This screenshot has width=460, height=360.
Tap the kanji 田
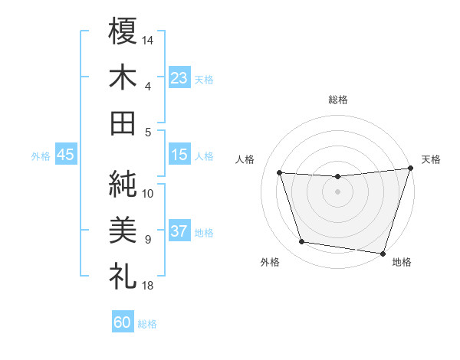point(123,123)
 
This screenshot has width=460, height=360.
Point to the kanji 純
point(123,183)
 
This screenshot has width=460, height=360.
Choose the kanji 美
point(123,229)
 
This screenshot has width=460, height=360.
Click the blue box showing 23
point(179,77)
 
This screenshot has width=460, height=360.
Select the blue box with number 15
point(179,155)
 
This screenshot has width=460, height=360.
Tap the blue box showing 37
point(179,231)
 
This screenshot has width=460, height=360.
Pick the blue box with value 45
point(65,155)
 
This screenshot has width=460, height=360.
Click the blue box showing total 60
point(123,322)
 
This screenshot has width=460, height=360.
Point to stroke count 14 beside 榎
point(148,40)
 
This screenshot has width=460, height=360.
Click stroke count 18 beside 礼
point(148,286)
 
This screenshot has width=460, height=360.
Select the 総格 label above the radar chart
point(338,100)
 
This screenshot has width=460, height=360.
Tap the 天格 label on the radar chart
point(431,159)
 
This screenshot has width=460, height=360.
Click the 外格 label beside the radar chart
point(270,262)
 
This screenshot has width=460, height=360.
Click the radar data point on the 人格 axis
point(280,173)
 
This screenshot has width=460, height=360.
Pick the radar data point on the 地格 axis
point(383,253)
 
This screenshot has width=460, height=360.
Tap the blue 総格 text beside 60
point(147,324)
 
